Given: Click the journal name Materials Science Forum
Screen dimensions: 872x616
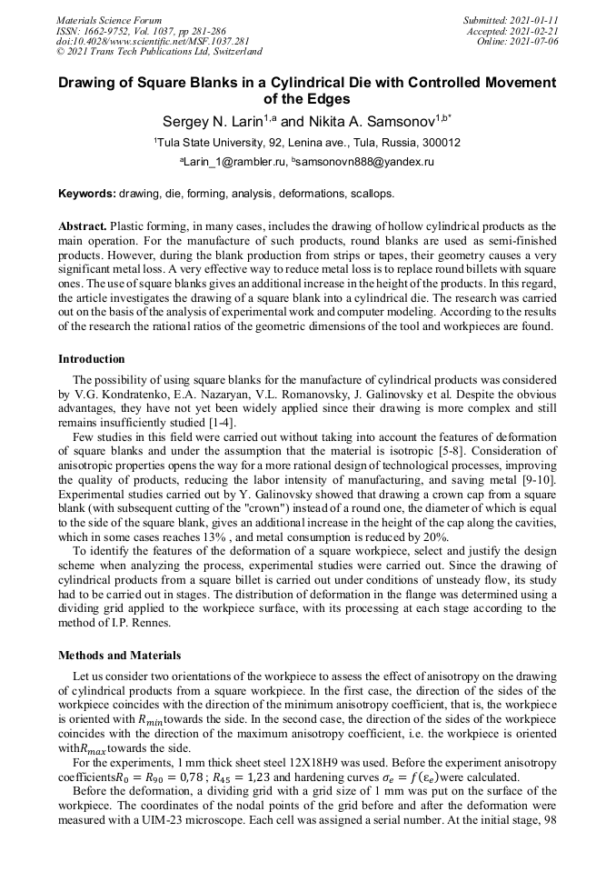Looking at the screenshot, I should tap(109, 20).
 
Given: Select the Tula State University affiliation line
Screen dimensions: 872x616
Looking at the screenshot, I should tap(307, 142).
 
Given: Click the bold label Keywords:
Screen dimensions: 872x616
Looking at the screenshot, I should tap(87, 194).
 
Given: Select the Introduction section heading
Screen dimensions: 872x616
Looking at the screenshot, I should tap(92, 359).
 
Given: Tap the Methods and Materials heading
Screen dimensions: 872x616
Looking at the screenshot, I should tap(119, 656).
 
